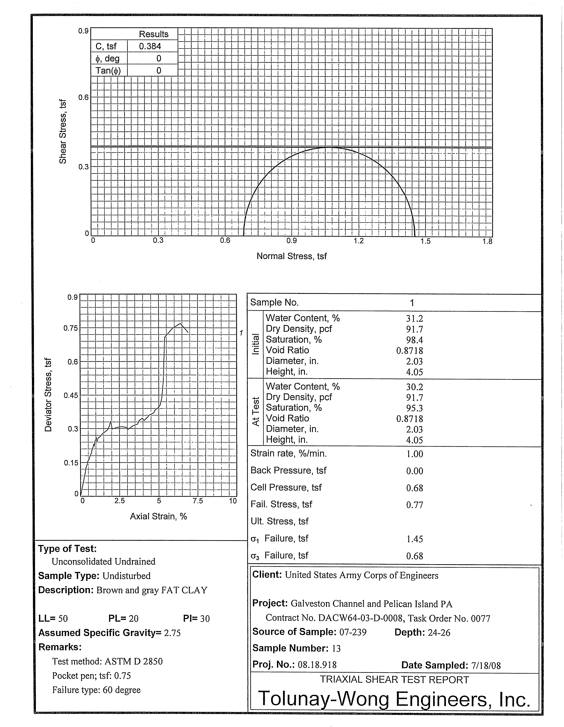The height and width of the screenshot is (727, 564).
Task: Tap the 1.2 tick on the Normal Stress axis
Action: coord(359,241)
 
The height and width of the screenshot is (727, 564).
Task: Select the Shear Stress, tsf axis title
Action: coord(63,132)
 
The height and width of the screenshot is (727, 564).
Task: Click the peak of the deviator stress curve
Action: coord(180,324)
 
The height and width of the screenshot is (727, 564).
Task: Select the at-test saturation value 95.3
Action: coord(414,408)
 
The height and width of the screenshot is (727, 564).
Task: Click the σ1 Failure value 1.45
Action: coord(414,539)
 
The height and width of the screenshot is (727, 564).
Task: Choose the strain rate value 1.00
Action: coord(414,454)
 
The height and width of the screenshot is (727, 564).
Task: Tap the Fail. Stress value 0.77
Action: coord(414,505)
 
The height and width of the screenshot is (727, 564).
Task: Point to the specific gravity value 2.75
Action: coord(172,633)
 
